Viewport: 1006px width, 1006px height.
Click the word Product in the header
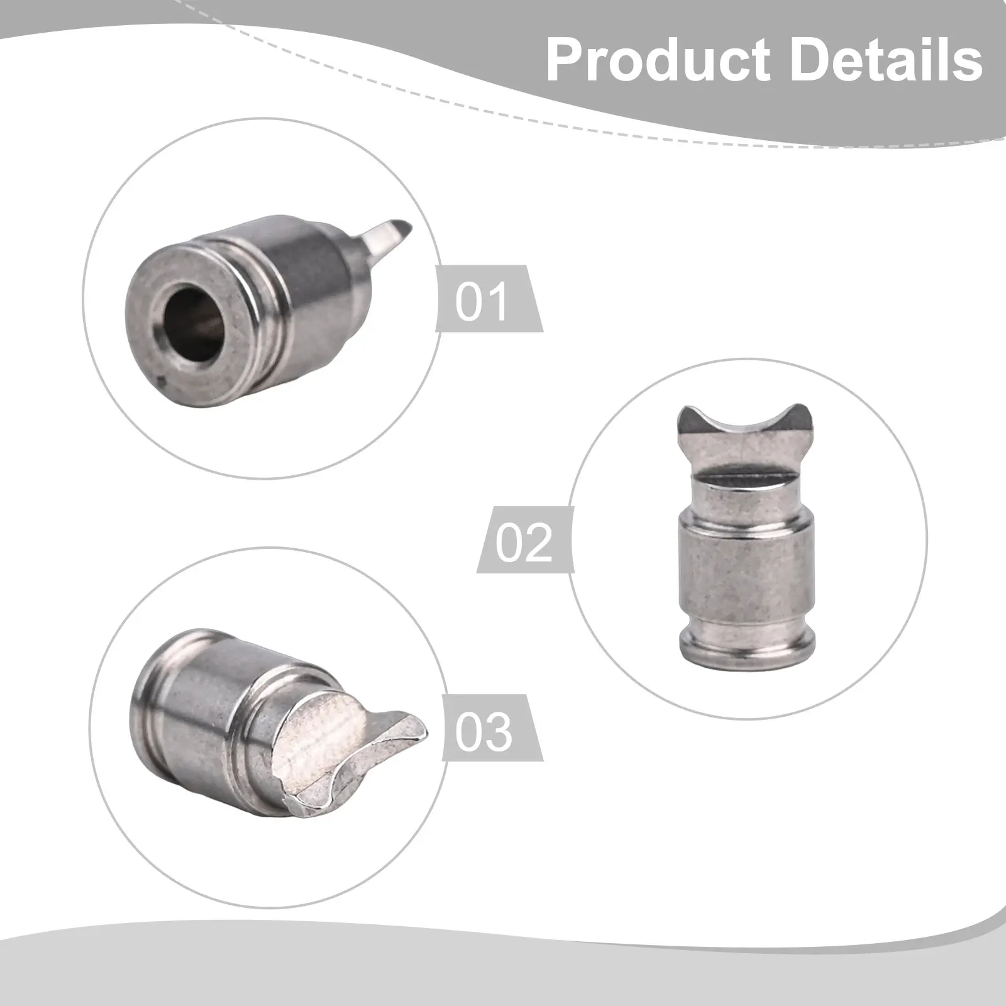tap(658, 62)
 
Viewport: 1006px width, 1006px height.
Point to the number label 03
tap(483, 732)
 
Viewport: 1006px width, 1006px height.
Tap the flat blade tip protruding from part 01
tap(388, 240)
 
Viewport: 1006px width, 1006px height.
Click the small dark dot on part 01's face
tap(162, 379)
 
